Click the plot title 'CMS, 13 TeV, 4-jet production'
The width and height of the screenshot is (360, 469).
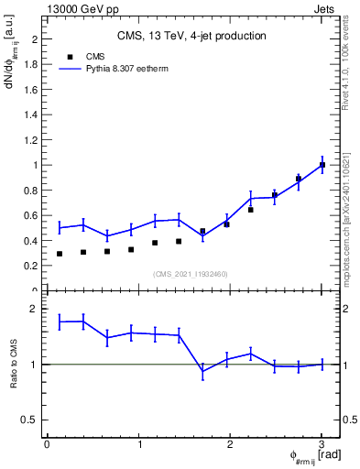[191, 37]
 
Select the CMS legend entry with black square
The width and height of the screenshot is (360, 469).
[82, 56]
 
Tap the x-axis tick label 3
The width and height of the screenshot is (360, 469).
[322, 444]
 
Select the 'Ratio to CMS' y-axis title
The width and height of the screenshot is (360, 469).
[14, 363]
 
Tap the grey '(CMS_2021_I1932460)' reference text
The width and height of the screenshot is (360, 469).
[191, 274]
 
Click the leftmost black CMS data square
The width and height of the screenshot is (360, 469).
[60, 254]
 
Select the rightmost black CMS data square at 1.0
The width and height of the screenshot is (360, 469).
[322, 165]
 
